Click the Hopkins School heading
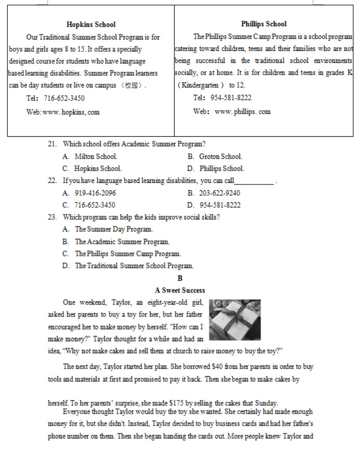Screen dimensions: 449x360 click(91, 24)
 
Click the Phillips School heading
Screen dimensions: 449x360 click(263, 24)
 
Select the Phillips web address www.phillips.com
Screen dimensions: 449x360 click(242, 112)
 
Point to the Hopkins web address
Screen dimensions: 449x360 click(72, 112)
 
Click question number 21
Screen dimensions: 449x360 click(52, 144)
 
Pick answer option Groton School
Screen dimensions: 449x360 click(220, 156)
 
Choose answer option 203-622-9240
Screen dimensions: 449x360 click(220, 193)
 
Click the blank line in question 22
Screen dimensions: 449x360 click(254, 182)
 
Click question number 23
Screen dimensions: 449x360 click(52, 217)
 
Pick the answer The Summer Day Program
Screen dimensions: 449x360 click(114, 229)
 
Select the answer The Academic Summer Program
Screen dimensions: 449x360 click(122, 242)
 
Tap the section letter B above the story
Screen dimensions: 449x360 click(180, 279)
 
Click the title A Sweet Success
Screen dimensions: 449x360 click(180, 290)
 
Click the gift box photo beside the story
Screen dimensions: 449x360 click(234, 319)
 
